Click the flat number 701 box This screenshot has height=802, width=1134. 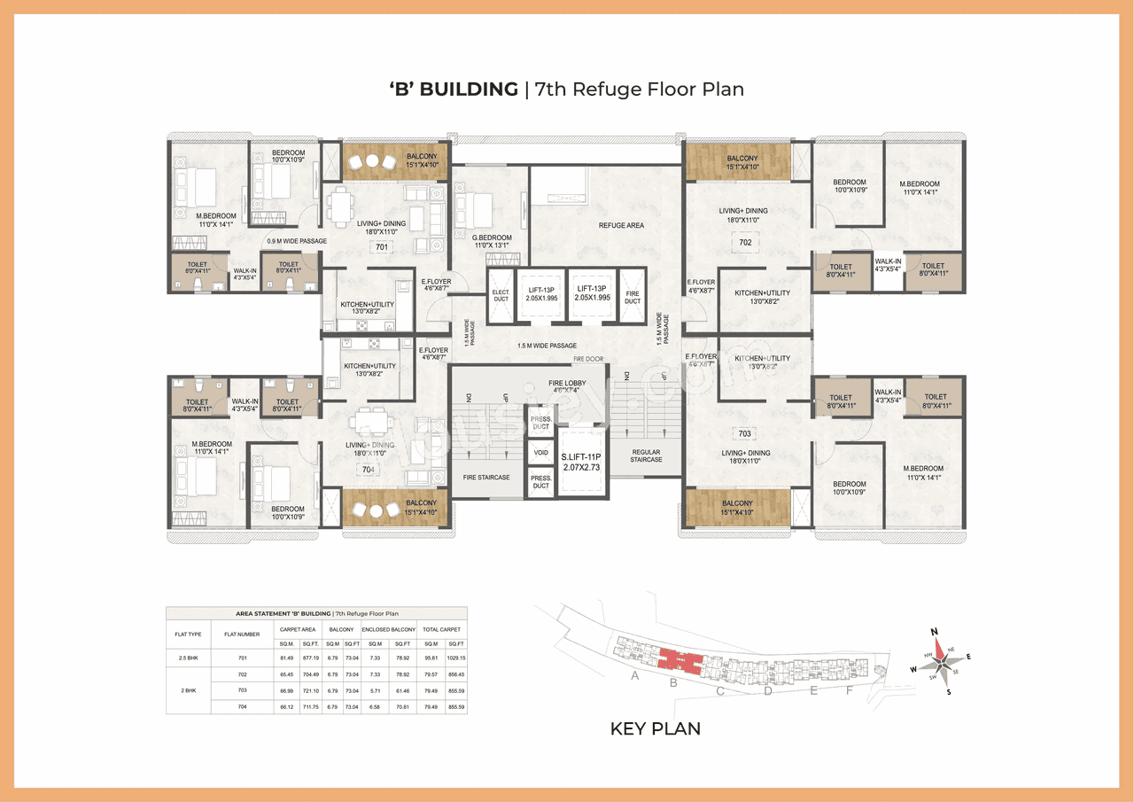pos(382,247)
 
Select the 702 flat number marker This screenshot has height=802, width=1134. pos(745,241)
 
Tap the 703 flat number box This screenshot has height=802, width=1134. pos(745,434)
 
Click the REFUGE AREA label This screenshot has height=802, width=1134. pos(621,226)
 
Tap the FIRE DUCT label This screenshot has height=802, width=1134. pos(633,297)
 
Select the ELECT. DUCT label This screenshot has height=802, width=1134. pos(501,297)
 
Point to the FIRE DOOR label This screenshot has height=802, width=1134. pos(587,359)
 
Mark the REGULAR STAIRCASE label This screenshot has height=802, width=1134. pos(647,456)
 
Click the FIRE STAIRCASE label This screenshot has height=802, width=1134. pos(486,478)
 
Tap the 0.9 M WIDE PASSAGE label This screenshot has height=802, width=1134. pos(297,241)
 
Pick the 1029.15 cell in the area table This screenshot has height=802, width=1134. pos(456,658)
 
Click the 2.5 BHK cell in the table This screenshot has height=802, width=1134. pos(188,658)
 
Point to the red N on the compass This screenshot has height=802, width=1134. pos(934,631)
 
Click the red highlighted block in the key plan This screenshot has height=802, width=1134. pos(678,660)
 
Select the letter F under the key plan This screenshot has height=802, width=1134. pos(849,691)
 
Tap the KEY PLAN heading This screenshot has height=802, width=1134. pos(655,728)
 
